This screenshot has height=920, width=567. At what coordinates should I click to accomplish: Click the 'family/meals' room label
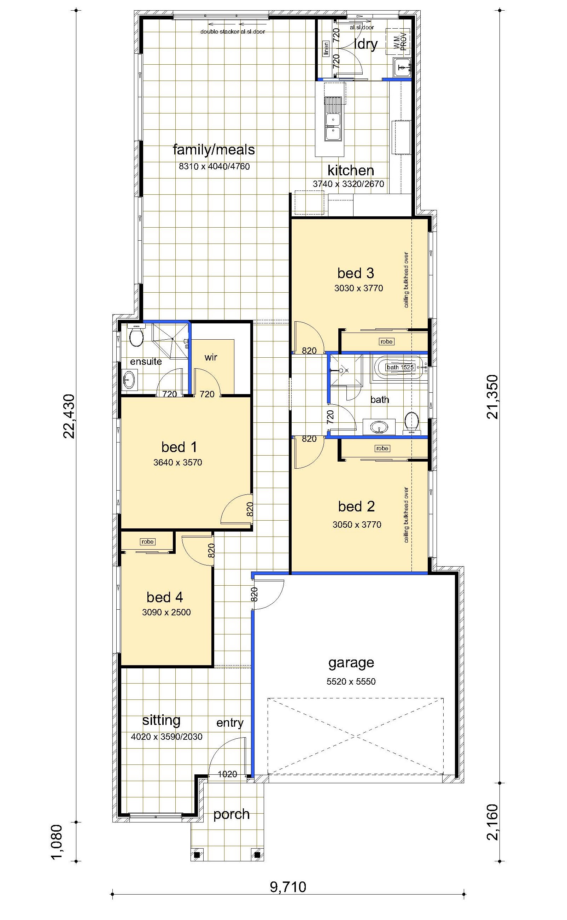pyautogui.click(x=214, y=150)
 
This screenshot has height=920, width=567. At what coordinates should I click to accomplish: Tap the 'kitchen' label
pyautogui.click(x=351, y=170)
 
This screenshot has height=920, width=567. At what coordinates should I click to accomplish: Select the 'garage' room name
pyautogui.click(x=351, y=663)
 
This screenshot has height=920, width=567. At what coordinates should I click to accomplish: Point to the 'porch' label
pyautogui.click(x=232, y=815)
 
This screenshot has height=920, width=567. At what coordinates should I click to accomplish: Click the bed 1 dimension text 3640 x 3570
pyautogui.click(x=178, y=463)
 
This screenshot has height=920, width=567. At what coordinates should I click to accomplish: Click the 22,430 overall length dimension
pyautogui.click(x=69, y=416)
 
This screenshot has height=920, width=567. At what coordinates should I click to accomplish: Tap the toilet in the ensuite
pyautogui.click(x=136, y=335)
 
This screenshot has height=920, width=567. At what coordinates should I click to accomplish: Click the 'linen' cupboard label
pyautogui.click(x=326, y=49)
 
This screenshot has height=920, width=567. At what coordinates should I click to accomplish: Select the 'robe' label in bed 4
pyautogui.click(x=147, y=542)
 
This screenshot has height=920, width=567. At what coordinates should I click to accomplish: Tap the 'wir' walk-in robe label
pyautogui.click(x=211, y=357)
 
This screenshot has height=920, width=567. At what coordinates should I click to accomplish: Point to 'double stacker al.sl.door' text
pyautogui.click(x=233, y=32)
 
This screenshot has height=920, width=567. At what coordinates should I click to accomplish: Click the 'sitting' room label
pyautogui.click(x=161, y=720)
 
